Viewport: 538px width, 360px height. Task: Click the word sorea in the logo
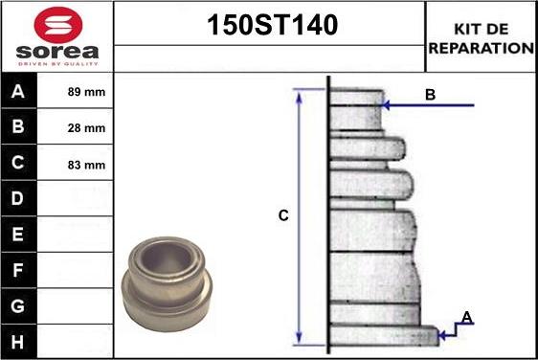coord(57,52)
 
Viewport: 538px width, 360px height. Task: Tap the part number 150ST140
coord(272,25)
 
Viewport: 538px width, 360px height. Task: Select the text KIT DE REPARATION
coord(482,38)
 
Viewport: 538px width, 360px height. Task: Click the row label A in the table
coord(18,91)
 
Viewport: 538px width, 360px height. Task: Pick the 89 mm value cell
coord(86,92)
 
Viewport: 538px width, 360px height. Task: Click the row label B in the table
coord(18,126)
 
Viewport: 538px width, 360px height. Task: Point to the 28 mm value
coord(86,128)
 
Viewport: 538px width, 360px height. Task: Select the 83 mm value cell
coord(86,165)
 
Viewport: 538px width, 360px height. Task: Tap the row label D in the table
coord(18,198)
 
